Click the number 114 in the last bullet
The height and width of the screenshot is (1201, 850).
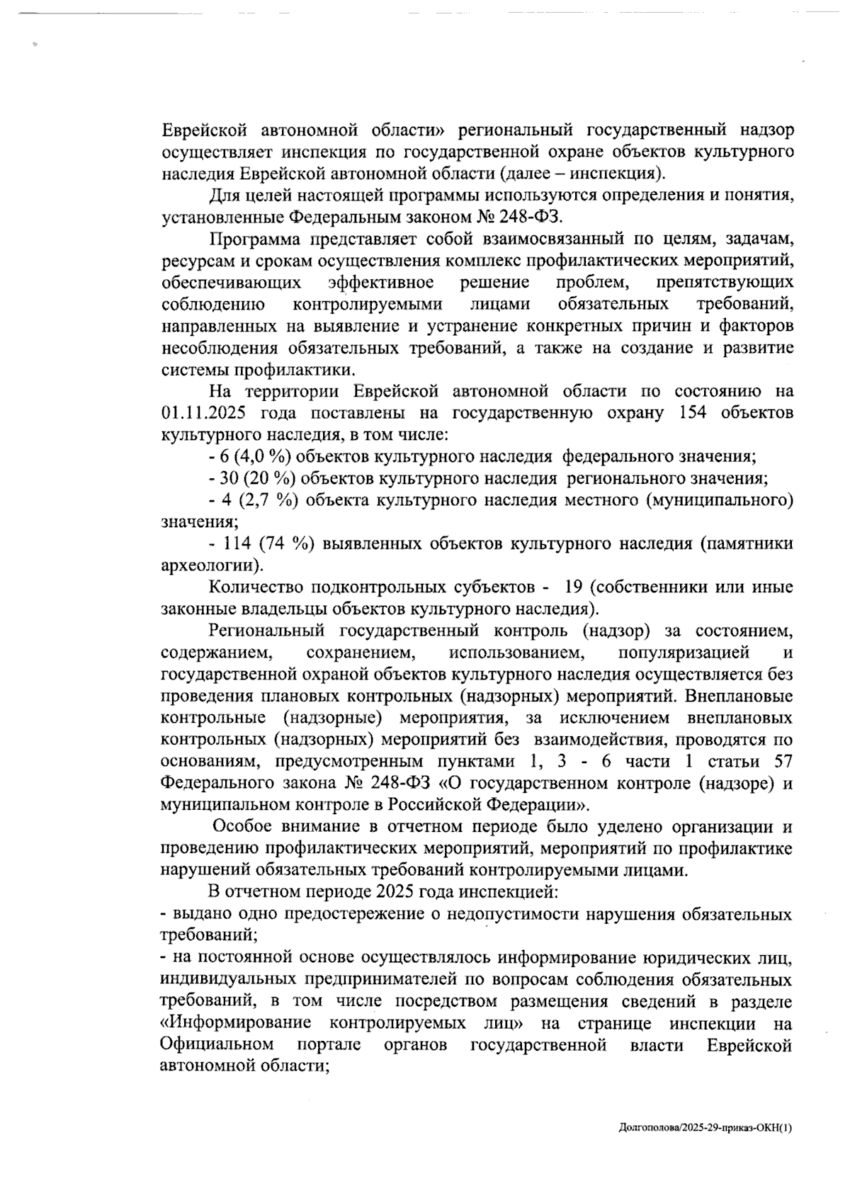pyautogui.click(x=237, y=543)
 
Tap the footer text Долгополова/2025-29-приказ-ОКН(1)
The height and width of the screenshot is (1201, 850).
pyautogui.click(x=704, y=1126)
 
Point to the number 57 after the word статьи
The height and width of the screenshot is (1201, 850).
pyautogui.click(x=779, y=762)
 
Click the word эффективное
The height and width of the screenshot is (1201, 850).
pyautogui.click(x=381, y=283)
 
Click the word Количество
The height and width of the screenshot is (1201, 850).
pyautogui.click(x=254, y=587)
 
